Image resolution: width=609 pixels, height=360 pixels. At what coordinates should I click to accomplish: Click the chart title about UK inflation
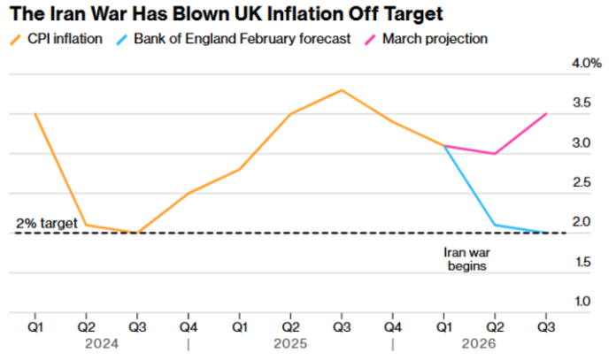tap(226, 14)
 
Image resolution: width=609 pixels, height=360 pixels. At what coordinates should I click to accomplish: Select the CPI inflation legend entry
tap(56, 39)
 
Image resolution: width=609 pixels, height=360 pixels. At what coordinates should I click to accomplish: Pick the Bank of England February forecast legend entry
tap(233, 39)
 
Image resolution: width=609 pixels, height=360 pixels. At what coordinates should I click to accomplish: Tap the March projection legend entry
tap(426, 39)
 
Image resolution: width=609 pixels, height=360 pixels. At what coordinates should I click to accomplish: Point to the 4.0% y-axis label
tap(587, 63)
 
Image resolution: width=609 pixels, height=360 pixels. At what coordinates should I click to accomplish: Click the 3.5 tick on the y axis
tap(582, 103)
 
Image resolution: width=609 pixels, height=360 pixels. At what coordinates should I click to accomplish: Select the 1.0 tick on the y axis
tap(582, 302)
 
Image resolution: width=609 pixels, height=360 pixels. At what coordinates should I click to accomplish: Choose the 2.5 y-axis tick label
tap(582, 182)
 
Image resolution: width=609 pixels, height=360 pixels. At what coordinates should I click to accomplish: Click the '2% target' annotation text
tap(47, 223)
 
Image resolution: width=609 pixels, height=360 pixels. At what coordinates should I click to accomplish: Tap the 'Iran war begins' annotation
tap(466, 259)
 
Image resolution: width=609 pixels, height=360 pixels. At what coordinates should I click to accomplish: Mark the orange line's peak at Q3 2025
tap(342, 90)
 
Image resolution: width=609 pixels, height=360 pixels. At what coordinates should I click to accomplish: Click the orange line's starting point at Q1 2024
tap(35, 114)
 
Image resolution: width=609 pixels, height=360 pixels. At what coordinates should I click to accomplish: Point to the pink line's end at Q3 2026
tap(546, 114)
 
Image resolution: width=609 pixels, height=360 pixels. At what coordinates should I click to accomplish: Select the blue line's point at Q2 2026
tap(495, 225)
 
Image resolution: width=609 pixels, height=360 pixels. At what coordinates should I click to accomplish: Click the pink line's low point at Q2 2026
tap(495, 154)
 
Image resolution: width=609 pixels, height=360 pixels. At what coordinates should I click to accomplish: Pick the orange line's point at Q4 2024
tap(189, 193)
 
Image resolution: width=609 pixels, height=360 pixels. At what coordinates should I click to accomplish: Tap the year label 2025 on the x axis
tap(290, 344)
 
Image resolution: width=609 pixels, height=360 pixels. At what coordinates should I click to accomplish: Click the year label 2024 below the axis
tap(102, 344)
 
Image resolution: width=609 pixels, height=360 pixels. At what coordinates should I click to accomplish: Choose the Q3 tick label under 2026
tap(546, 327)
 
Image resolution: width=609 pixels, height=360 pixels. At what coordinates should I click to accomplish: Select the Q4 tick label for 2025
tap(393, 327)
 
